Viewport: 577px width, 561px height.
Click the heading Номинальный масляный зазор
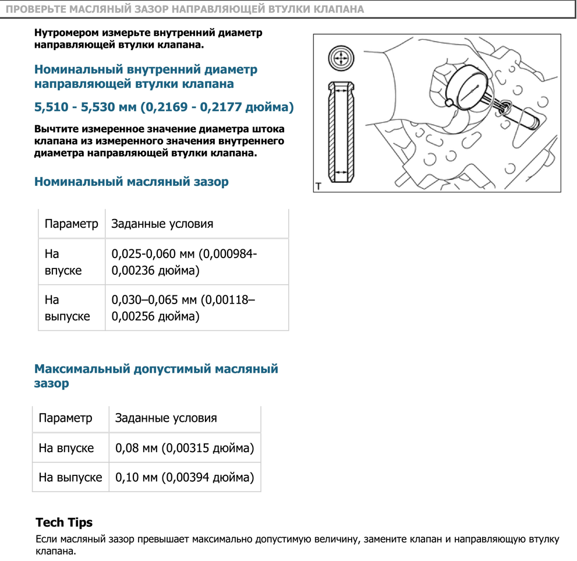pyautogui.click(x=131, y=182)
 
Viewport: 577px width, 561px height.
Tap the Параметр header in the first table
pyautogui.click(x=72, y=224)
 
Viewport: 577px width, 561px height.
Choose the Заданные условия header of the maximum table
pyautogui.click(x=166, y=418)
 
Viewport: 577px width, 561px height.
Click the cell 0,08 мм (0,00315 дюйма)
pyautogui.click(x=185, y=449)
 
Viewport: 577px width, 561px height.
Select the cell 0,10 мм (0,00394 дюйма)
pyautogui.click(x=185, y=478)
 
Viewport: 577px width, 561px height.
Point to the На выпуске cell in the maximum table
pyautogui.click(x=70, y=478)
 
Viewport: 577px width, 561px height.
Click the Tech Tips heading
pyautogui.click(x=64, y=522)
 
